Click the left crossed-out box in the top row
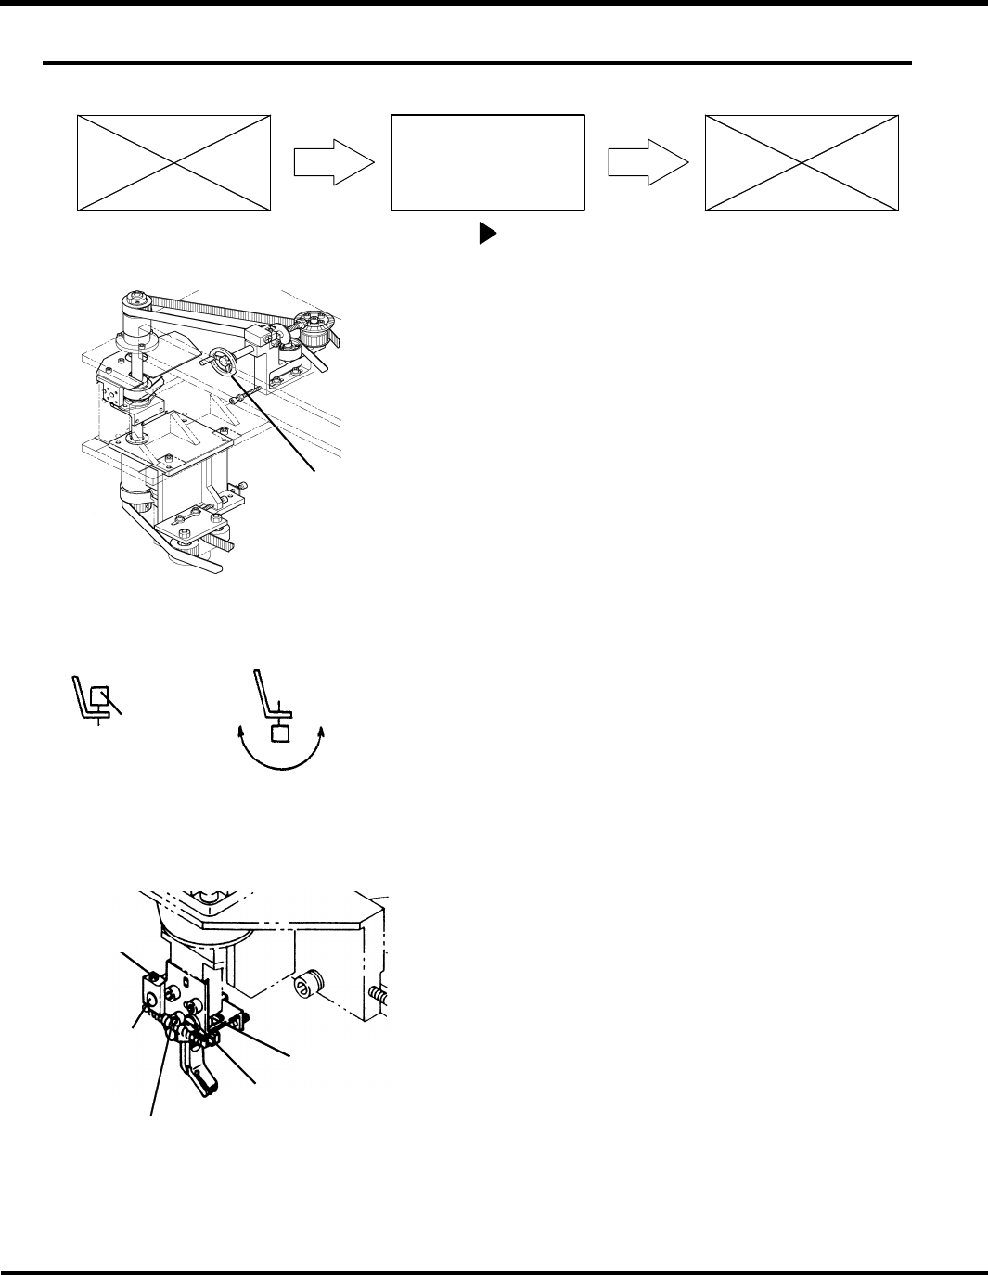coord(173,163)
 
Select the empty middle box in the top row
coord(488,163)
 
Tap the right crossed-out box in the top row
coord(802,163)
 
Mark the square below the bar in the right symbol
coord(280,734)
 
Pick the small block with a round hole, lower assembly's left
coord(148,1000)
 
